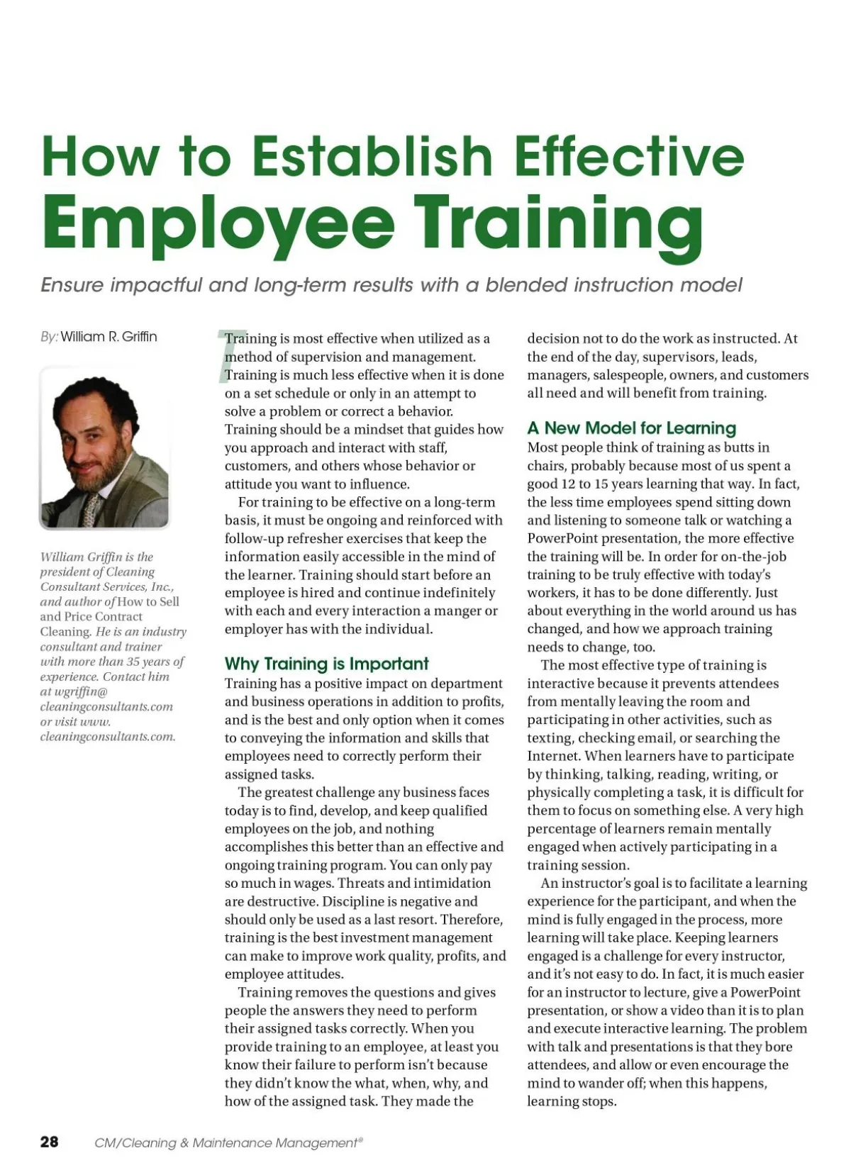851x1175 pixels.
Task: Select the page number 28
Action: tap(50, 1142)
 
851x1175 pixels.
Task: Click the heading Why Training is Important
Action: tap(326, 664)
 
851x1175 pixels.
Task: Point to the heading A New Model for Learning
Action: tap(631, 428)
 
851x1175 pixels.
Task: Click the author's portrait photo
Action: tap(104, 448)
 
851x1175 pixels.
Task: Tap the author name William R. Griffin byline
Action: tap(109, 337)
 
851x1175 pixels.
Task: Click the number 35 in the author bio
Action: tap(133, 662)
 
